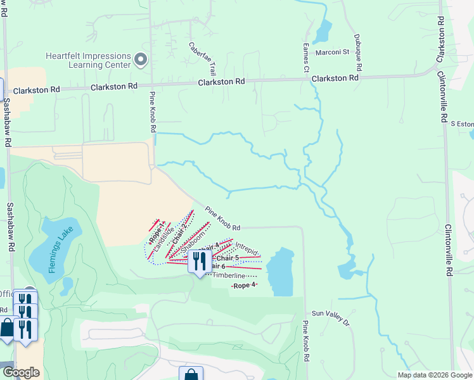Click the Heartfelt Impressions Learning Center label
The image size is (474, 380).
[x=88, y=60]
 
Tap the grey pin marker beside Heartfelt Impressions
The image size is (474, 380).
[x=141, y=61]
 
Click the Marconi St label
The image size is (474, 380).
[x=333, y=52]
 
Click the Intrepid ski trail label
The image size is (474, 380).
[x=247, y=248]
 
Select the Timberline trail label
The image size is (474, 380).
[x=229, y=275]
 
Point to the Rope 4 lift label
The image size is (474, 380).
[x=244, y=286]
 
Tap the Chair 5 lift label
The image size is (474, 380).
[x=227, y=258]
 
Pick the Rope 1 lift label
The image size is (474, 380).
[x=156, y=232]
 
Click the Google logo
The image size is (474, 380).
[x=21, y=372]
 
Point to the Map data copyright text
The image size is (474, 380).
[x=434, y=374]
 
